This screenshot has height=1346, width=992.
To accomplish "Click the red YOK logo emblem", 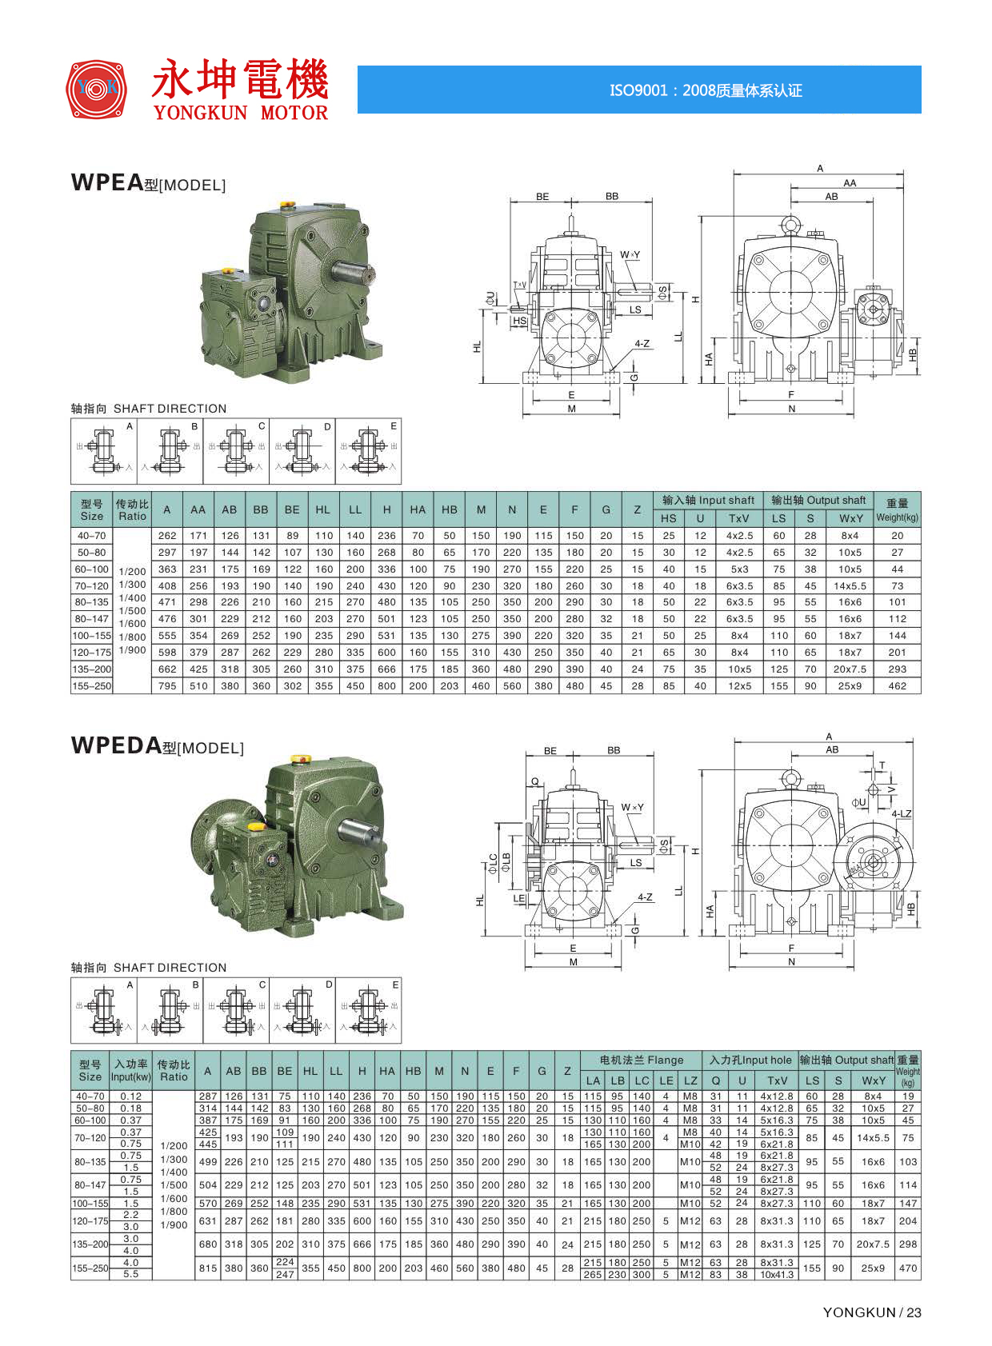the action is [x=96, y=89].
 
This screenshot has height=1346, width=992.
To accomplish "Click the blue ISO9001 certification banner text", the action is [x=706, y=90].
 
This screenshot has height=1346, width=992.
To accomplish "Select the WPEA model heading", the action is [x=148, y=182].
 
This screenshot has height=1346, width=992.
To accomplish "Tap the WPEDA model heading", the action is [x=157, y=745].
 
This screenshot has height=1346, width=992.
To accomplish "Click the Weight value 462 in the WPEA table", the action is [x=897, y=685].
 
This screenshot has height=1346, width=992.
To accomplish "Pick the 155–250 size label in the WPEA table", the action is [x=91, y=685].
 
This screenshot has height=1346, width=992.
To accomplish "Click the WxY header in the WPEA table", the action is [x=850, y=518].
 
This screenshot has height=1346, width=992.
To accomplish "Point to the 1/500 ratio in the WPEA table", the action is [x=132, y=610].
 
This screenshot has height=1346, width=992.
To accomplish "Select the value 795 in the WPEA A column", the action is [x=167, y=685].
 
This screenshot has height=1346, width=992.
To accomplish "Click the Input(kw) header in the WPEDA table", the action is [x=131, y=1076].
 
